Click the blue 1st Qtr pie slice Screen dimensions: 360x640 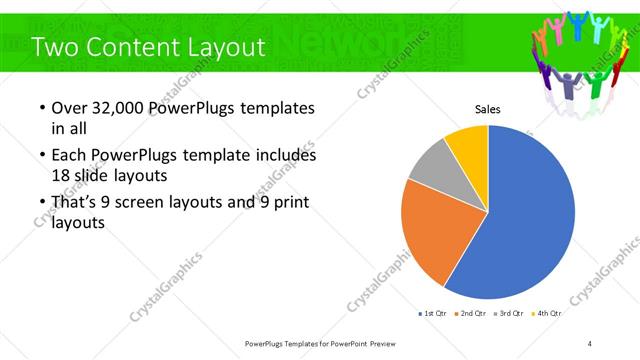click(530, 215)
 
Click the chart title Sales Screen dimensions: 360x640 click(487, 110)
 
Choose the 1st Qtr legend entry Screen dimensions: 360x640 click(433, 313)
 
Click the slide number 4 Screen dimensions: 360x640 click(590, 343)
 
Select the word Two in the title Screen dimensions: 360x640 click(53, 47)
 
